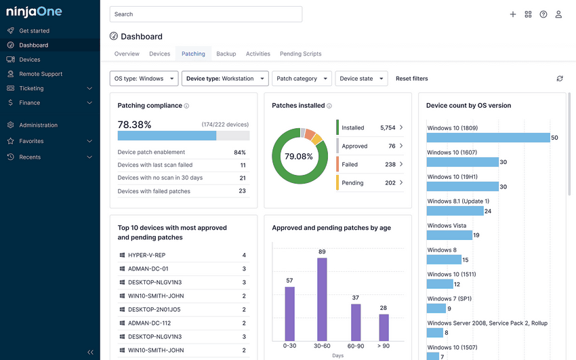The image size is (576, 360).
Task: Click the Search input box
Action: pyautogui.click(x=205, y=14)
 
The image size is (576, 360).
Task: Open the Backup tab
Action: pyautogui.click(x=226, y=54)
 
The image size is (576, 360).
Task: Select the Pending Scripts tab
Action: pyautogui.click(x=300, y=54)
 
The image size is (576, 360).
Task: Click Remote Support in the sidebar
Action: pyautogui.click(x=41, y=74)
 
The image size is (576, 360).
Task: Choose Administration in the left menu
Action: pyautogui.click(x=38, y=125)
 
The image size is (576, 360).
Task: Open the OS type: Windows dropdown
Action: pyautogui.click(x=144, y=79)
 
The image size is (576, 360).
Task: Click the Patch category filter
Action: pyautogui.click(x=302, y=79)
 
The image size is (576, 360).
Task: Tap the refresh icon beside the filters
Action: pyautogui.click(x=560, y=79)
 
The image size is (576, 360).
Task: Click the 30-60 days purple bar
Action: pyautogui.click(x=322, y=299)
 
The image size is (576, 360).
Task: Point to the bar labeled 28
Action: pyautogui.click(x=384, y=327)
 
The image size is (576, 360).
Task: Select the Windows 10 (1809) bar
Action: pyautogui.click(x=487, y=138)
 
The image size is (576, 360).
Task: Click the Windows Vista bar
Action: pyautogui.click(x=449, y=235)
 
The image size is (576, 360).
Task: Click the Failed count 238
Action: pyautogui.click(x=390, y=164)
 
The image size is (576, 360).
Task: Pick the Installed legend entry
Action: pyautogui.click(x=352, y=127)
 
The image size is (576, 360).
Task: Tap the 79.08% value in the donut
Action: pyautogui.click(x=299, y=157)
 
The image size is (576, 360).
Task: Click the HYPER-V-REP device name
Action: pyautogui.click(x=146, y=256)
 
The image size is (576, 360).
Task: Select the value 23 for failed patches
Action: pyautogui.click(x=242, y=191)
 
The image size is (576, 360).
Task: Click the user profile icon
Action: pyautogui.click(x=558, y=14)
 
